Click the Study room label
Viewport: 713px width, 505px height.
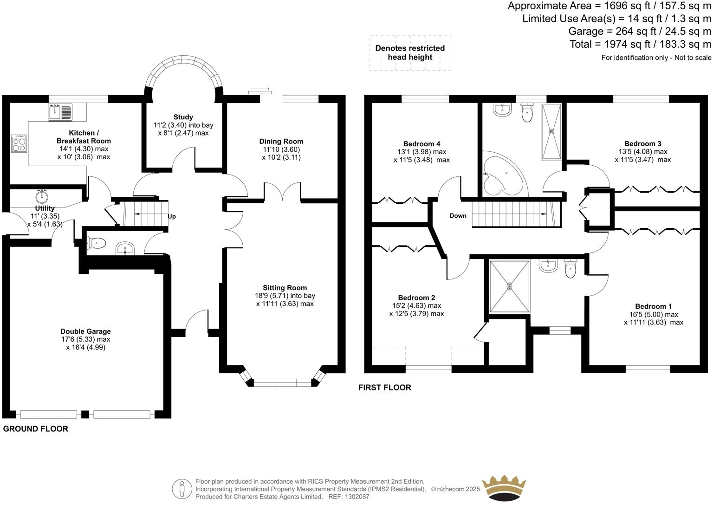183,117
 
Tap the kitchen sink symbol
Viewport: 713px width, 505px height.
60,112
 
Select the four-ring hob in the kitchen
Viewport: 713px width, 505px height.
19,143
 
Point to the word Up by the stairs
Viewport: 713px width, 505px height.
172,216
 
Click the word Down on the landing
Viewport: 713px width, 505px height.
458,215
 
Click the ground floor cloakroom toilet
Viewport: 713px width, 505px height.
97,242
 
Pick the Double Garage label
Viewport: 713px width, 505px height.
85,331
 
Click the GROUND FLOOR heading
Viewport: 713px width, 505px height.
36,429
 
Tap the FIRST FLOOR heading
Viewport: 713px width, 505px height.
384,388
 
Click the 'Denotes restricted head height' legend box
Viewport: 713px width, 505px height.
410,53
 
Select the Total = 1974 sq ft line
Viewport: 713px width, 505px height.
640,44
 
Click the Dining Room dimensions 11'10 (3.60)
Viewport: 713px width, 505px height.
281,149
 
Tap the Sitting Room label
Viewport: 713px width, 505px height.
285,288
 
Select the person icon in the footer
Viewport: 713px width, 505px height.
182,489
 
